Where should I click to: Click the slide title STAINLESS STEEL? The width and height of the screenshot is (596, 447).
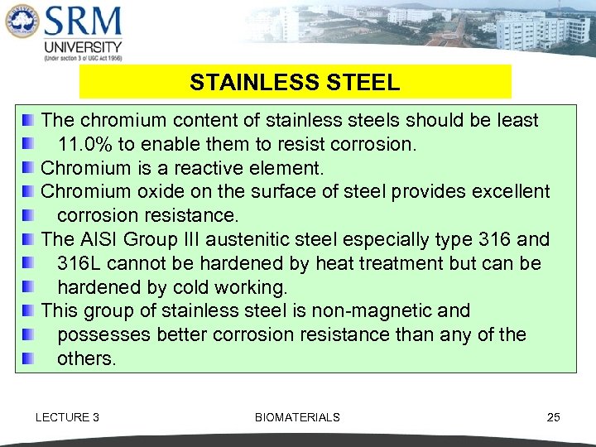tap(295, 83)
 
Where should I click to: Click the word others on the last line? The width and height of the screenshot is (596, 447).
tap(87, 358)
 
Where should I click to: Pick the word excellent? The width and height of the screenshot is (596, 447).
tap(508, 192)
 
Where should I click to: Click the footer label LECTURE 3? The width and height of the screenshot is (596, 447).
tap(67, 417)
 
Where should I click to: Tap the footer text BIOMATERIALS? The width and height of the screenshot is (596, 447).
tap(297, 417)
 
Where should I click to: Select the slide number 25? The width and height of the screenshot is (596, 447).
tap(554, 417)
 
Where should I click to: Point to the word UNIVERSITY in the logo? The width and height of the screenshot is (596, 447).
tap(83, 47)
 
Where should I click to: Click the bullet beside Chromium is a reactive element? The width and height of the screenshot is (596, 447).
tap(28, 168)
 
